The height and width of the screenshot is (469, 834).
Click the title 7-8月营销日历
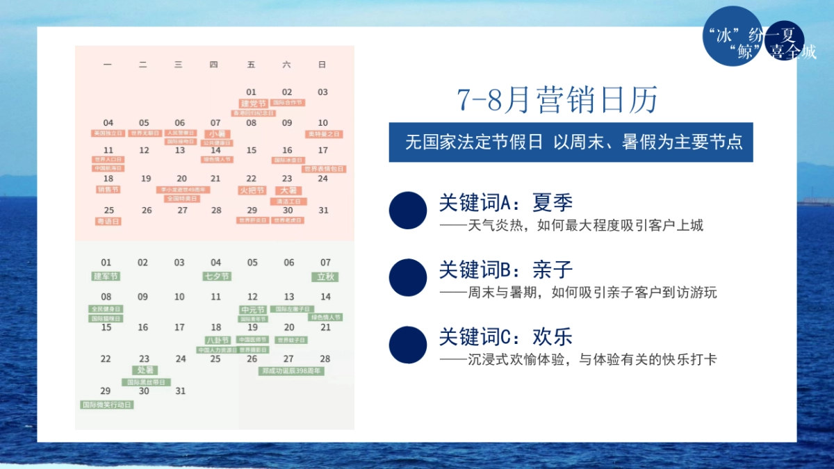[x=557, y=101]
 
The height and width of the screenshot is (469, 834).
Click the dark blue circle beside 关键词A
[x=408, y=210]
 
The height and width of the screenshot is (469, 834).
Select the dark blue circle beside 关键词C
[x=408, y=345]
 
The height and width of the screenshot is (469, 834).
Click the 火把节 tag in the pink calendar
[x=252, y=190]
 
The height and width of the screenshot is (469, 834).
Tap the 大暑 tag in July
[x=287, y=190]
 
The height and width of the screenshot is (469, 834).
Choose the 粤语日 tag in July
[x=108, y=221]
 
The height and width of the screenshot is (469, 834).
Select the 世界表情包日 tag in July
[x=323, y=169]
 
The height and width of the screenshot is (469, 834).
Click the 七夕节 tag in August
[x=216, y=276]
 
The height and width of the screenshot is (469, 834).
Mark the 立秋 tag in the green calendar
[x=325, y=276]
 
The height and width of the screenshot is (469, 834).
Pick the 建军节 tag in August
[x=106, y=276]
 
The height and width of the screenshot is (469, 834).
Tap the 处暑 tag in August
[x=144, y=370]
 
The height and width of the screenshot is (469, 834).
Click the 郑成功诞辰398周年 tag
[x=292, y=371]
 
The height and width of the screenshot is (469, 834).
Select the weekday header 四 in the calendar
[x=213, y=65]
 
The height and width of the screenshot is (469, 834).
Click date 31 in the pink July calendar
[x=323, y=210]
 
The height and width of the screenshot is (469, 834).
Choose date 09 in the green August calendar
[x=142, y=297]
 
